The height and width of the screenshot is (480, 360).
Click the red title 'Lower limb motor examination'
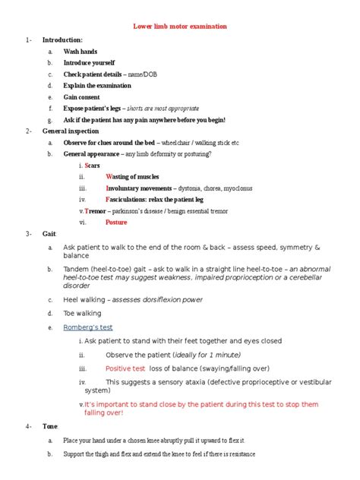click(180, 26)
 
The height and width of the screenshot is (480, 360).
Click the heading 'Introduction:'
click(62, 39)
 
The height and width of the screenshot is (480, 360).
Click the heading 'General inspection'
click(71, 131)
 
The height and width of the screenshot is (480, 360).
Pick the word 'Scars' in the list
click(94, 165)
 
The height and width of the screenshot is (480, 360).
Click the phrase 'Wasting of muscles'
click(132, 176)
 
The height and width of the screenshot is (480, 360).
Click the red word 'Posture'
click(116, 223)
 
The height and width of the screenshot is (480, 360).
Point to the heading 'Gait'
click(49, 235)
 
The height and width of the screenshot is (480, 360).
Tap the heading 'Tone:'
click(51, 427)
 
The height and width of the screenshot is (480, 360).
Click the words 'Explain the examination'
click(96, 86)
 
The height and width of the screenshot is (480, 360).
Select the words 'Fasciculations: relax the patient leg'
click(155, 199)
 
